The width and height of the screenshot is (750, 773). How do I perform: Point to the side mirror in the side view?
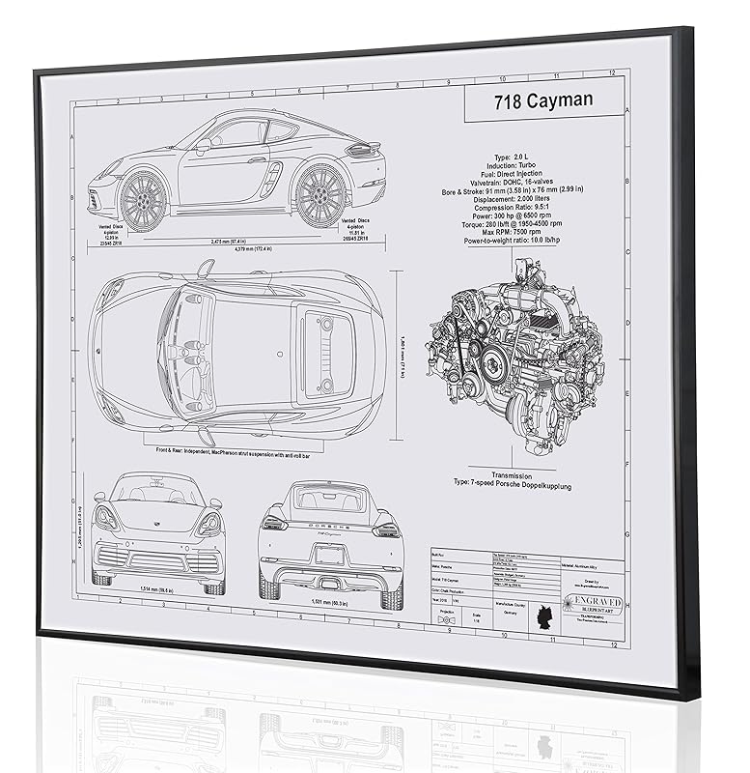coord(203,146)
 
